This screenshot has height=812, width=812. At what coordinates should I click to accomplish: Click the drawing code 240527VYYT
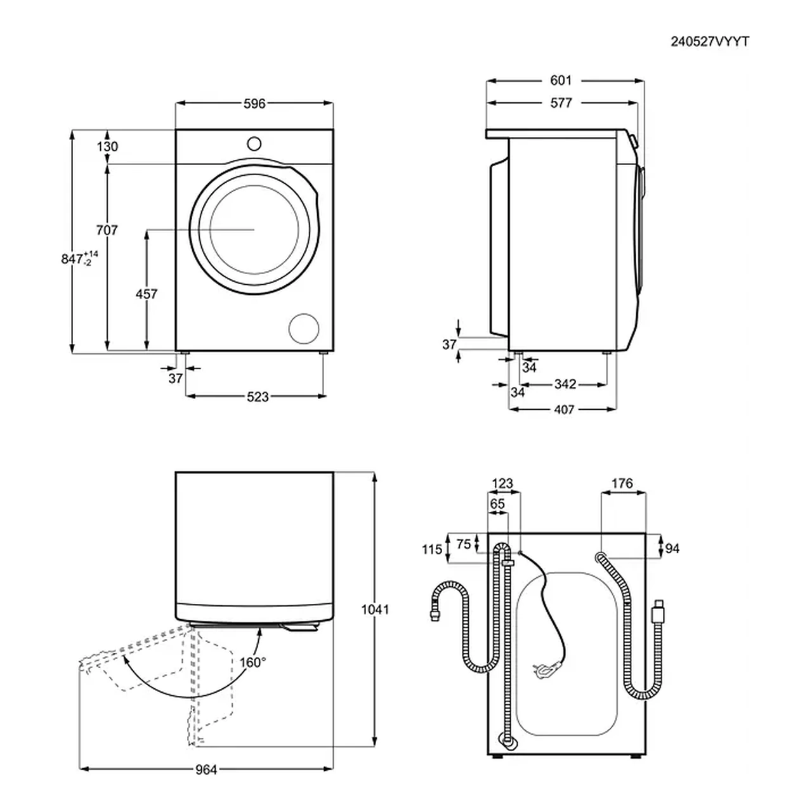(x=710, y=42)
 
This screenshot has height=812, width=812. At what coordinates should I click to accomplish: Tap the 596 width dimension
(x=254, y=103)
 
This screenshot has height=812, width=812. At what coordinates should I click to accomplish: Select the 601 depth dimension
(x=561, y=80)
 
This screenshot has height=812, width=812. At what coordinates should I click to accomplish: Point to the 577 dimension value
(x=561, y=103)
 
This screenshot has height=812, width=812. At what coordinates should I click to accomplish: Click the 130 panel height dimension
(x=107, y=147)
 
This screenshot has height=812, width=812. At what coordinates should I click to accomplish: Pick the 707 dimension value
(x=107, y=230)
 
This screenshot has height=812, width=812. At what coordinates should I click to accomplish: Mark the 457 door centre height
(x=146, y=294)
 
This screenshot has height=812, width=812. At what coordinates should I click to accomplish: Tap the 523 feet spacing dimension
(x=258, y=396)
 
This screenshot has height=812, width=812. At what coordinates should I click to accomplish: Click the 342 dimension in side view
(x=565, y=384)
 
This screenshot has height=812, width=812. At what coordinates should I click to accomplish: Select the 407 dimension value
(x=564, y=409)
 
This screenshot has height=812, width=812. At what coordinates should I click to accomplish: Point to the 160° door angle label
(x=253, y=663)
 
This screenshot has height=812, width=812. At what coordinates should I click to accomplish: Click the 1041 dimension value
(x=375, y=610)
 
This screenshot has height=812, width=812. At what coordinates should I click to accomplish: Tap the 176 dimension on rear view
(x=622, y=483)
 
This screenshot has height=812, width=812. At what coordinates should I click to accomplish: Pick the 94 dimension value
(x=672, y=549)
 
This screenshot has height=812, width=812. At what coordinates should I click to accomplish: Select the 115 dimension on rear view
(x=432, y=549)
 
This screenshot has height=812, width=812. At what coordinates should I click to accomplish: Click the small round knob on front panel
(x=254, y=144)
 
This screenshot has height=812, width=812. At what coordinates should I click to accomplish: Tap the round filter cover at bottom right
(x=304, y=328)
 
